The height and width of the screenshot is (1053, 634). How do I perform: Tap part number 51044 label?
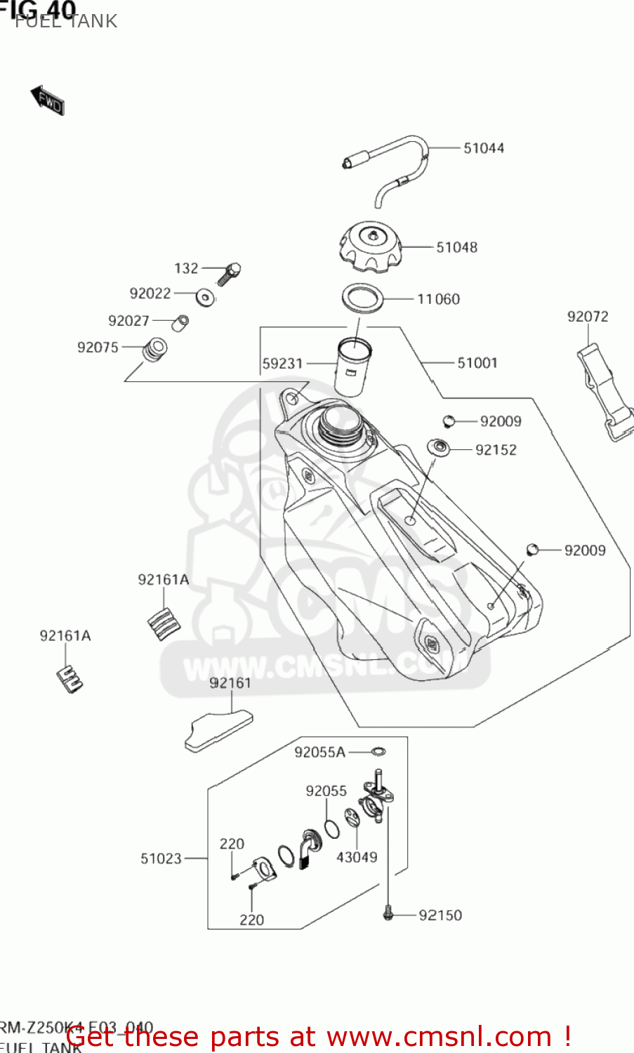[484, 148]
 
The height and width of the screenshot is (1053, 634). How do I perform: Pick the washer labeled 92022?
[205, 297]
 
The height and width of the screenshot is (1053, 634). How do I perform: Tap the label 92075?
[98, 347]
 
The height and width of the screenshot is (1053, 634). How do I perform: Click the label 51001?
[477, 363]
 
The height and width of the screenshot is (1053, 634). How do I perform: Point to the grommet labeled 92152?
[440, 447]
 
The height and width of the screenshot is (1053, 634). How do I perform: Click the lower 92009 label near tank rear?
[585, 550]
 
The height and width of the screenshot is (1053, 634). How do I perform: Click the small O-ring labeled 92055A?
[378, 752]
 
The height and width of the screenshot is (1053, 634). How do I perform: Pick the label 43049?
[357, 857]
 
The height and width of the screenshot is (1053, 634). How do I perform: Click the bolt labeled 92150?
[388, 915]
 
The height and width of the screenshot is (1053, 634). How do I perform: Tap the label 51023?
[161, 859]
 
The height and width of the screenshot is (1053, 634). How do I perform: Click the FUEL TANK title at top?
[66, 21]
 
